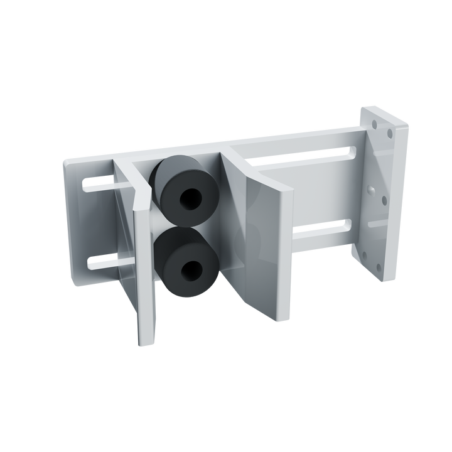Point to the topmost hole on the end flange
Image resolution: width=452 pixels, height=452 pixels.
(390, 133)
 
